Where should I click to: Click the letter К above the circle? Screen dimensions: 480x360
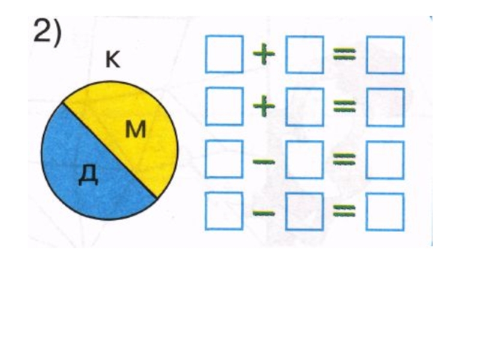(112, 60)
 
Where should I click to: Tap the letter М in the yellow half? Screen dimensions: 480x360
(136, 129)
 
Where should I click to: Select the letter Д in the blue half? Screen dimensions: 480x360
(88, 175)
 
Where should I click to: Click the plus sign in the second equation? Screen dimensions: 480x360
(264, 107)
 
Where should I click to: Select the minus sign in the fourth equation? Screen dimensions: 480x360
(264, 211)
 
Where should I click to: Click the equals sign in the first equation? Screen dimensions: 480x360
(345, 55)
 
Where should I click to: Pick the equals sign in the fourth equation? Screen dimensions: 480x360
(345, 212)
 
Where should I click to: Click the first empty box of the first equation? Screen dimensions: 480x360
(224, 54)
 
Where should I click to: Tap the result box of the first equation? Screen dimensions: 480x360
(385, 55)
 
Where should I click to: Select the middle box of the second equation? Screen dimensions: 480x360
(304, 107)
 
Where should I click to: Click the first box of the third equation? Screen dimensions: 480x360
(224, 160)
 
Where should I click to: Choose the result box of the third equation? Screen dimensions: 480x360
(385, 160)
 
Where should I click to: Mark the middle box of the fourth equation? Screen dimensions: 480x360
(304, 212)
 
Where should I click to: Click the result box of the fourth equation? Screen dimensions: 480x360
(385, 212)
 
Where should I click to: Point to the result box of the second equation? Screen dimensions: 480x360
(385, 107)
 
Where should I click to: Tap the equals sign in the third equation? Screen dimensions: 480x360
(345, 160)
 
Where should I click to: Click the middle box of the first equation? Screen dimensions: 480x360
(304, 55)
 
